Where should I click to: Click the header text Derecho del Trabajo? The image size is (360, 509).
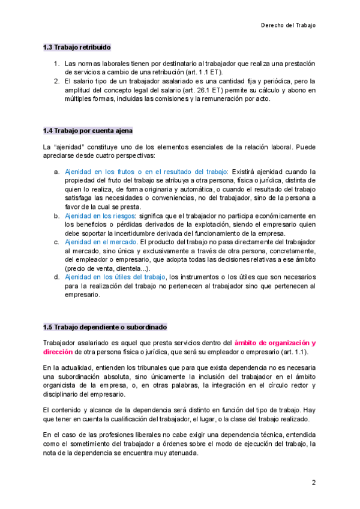coord(288,25)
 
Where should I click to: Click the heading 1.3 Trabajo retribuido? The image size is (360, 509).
coord(76,47)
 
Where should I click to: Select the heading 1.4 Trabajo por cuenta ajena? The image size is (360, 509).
coord(88,130)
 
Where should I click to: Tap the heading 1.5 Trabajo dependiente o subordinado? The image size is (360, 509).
coord(104,327)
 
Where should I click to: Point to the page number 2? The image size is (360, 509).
coord(313,483)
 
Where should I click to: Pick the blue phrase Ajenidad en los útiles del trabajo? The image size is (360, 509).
coord(115,277)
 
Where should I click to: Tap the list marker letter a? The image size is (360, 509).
coord(56,172)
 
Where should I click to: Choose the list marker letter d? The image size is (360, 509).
coord(56,277)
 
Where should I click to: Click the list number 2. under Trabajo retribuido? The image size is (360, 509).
coord(56,81)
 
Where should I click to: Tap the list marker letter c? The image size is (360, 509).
coord(56,242)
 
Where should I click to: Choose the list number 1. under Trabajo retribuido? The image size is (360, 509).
coord(56,63)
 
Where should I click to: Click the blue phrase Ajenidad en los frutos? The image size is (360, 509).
coord(100,172)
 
